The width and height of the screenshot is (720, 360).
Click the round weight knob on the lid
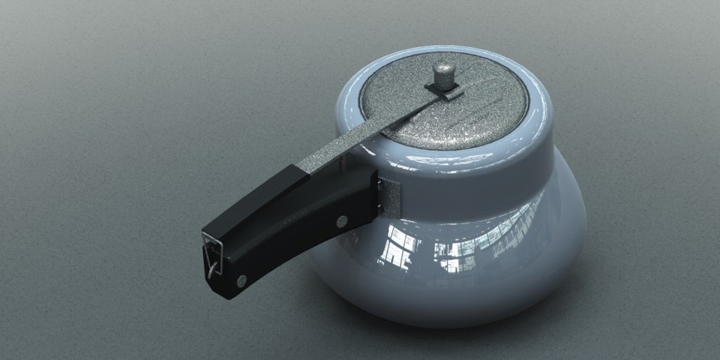pyautogui.click(x=443, y=74)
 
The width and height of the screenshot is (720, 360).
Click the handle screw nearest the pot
pyautogui.click(x=342, y=221)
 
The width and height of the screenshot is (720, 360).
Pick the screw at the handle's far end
pyautogui.click(x=241, y=281)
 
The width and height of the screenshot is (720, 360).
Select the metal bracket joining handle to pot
pyautogui.click(x=390, y=199)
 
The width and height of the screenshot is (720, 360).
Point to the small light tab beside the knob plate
pyautogui.click(x=451, y=95)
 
